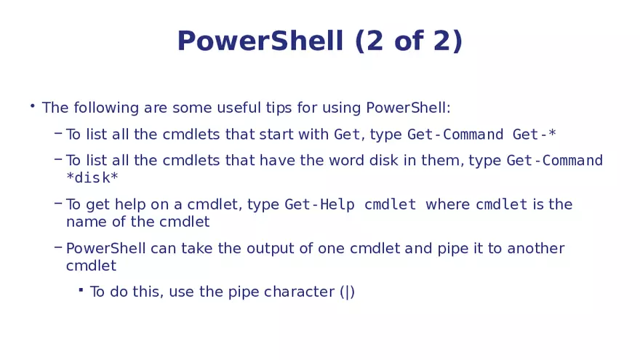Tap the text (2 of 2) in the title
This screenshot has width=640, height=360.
pyautogui.click(x=409, y=41)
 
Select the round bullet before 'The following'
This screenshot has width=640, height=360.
pyautogui.click(x=32, y=107)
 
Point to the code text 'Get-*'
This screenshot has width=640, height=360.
pyautogui.click(x=535, y=135)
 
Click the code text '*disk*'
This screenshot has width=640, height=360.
pyautogui.click(x=92, y=178)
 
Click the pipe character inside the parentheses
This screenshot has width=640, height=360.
pyautogui.click(x=348, y=292)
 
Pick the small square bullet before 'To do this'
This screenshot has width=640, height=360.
pyautogui.click(x=81, y=289)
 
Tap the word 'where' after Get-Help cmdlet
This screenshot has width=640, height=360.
pyautogui.click(x=447, y=205)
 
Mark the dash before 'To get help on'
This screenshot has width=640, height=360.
pyautogui.click(x=57, y=203)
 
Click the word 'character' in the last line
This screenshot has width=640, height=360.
pyautogui.click(x=299, y=292)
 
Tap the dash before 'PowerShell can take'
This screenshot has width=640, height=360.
pyautogui.click(x=57, y=247)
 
